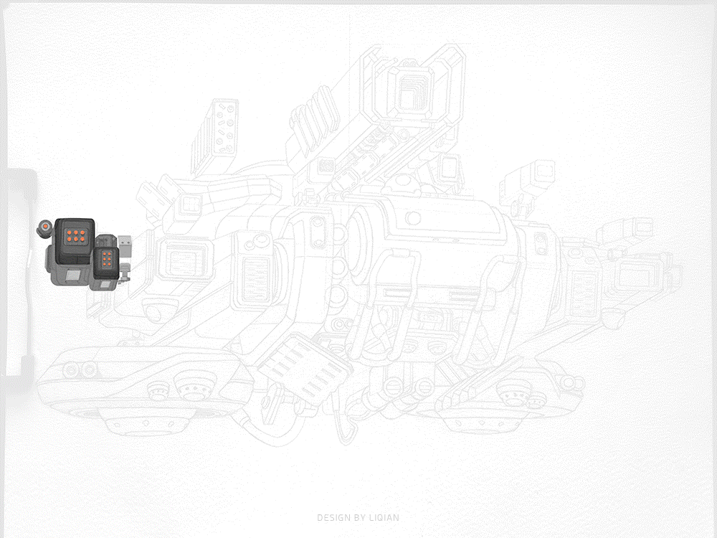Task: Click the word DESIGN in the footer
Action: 333,518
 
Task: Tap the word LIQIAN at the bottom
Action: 384,518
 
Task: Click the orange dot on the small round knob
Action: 45,227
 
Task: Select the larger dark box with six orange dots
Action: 75,241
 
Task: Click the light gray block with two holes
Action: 124,247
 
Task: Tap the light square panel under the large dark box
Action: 74,276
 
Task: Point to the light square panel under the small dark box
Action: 105,285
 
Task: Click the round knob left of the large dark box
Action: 44,228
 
